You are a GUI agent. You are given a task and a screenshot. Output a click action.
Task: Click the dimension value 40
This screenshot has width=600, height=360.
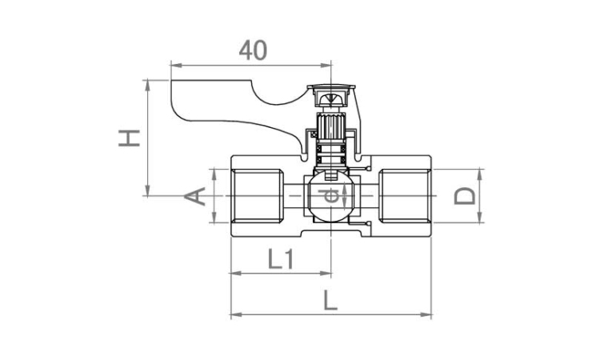[x=253, y=50]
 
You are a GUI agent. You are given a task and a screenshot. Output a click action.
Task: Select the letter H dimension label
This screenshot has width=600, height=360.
[x=130, y=138]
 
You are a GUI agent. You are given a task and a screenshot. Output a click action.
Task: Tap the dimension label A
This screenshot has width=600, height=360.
[x=195, y=196]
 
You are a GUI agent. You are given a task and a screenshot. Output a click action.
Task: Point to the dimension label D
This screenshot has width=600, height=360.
[x=465, y=196]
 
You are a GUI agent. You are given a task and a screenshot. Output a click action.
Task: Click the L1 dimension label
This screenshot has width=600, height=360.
[x=281, y=258]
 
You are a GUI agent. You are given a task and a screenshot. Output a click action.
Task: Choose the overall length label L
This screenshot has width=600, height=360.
[x=330, y=300]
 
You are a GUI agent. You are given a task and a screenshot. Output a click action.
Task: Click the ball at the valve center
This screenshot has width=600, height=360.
[x=330, y=196]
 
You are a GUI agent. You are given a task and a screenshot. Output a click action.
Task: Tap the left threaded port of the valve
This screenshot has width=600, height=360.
[x=258, y=196]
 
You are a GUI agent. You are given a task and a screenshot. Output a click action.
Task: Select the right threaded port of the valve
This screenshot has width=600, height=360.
[x=405, y=196]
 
